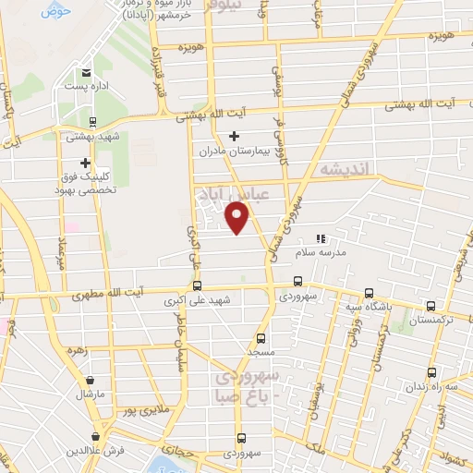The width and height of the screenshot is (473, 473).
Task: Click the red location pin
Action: point(238,217)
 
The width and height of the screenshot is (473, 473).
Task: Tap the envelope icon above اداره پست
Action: point(87,73)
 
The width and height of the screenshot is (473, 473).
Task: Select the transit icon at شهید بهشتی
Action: point(91,121)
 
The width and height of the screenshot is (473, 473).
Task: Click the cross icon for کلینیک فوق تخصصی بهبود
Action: point(86,162)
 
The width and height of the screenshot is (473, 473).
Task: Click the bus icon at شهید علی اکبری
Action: point(197,286)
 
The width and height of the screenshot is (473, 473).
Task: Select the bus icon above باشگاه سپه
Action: point(368,290)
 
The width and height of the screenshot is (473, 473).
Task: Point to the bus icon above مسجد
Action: point(261,338)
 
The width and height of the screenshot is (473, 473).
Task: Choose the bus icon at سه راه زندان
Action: point(431,372)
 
